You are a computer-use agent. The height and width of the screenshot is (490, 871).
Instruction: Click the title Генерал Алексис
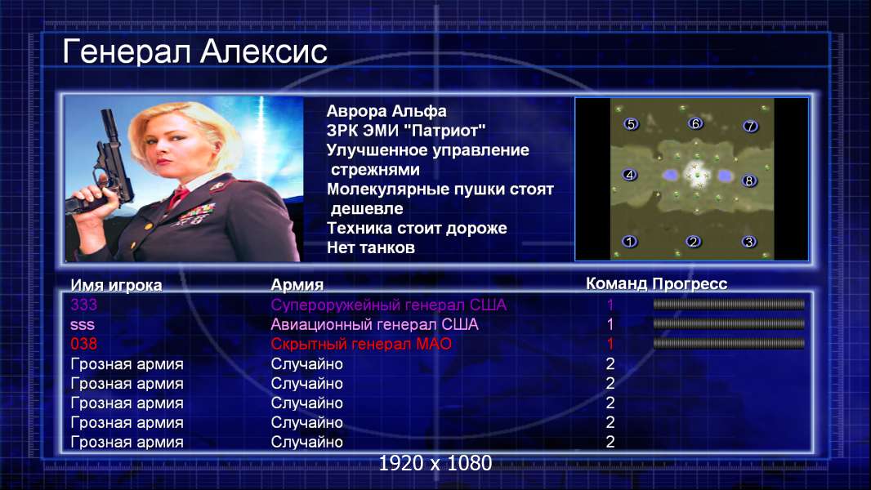(195, 51)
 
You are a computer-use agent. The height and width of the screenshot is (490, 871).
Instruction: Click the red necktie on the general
(178, 197)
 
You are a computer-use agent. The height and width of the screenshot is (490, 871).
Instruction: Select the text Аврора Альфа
(386, 111)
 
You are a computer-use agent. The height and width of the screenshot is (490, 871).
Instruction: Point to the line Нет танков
(370, 247)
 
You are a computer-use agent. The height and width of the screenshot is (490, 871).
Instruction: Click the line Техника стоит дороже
(417, 228)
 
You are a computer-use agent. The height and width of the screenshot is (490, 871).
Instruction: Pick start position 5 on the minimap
(631, 124)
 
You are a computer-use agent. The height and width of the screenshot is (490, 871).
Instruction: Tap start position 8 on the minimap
(748, 181)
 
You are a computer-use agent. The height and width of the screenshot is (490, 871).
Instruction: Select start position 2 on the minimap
(693, 242)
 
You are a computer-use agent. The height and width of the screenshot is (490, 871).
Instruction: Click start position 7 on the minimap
(750, 126)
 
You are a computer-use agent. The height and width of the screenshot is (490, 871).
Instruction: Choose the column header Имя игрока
(116, 285)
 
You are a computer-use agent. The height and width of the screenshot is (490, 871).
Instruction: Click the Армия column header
(297, 285)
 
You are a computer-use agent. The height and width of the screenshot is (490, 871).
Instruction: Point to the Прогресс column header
(690, 284)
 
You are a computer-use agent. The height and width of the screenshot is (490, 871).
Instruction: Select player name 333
(84, 305)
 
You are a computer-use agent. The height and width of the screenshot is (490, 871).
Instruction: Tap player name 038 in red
(84, 344)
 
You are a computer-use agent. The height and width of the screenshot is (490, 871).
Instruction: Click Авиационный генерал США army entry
(374, 325)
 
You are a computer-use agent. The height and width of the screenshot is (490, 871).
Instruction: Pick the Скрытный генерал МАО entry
(361, 344)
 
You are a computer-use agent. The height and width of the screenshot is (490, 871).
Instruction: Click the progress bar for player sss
(728, 323)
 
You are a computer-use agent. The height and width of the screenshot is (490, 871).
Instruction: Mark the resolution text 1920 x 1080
(435, 463)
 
